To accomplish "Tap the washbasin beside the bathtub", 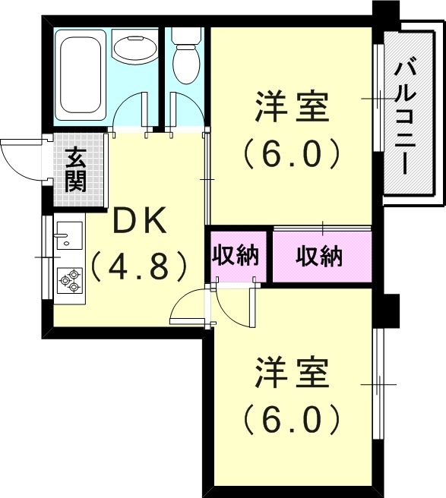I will [134, 50].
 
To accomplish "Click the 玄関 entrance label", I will [75, 169].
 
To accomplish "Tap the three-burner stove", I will [69, 279].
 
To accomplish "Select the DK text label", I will [139, 221].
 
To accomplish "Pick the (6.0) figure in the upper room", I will [292, 154].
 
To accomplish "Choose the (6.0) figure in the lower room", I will [292, 417].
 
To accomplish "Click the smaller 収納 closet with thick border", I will [236, 255].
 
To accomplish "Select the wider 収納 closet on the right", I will [320, 256].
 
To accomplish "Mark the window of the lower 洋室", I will [378, 385].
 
